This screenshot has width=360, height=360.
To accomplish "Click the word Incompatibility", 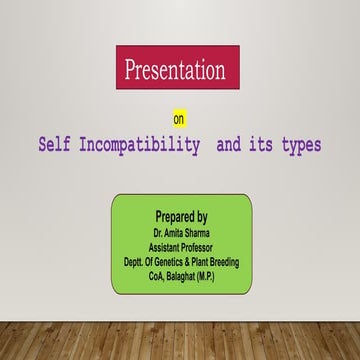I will point(135,146).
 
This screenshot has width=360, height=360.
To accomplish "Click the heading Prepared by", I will point(181,216).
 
